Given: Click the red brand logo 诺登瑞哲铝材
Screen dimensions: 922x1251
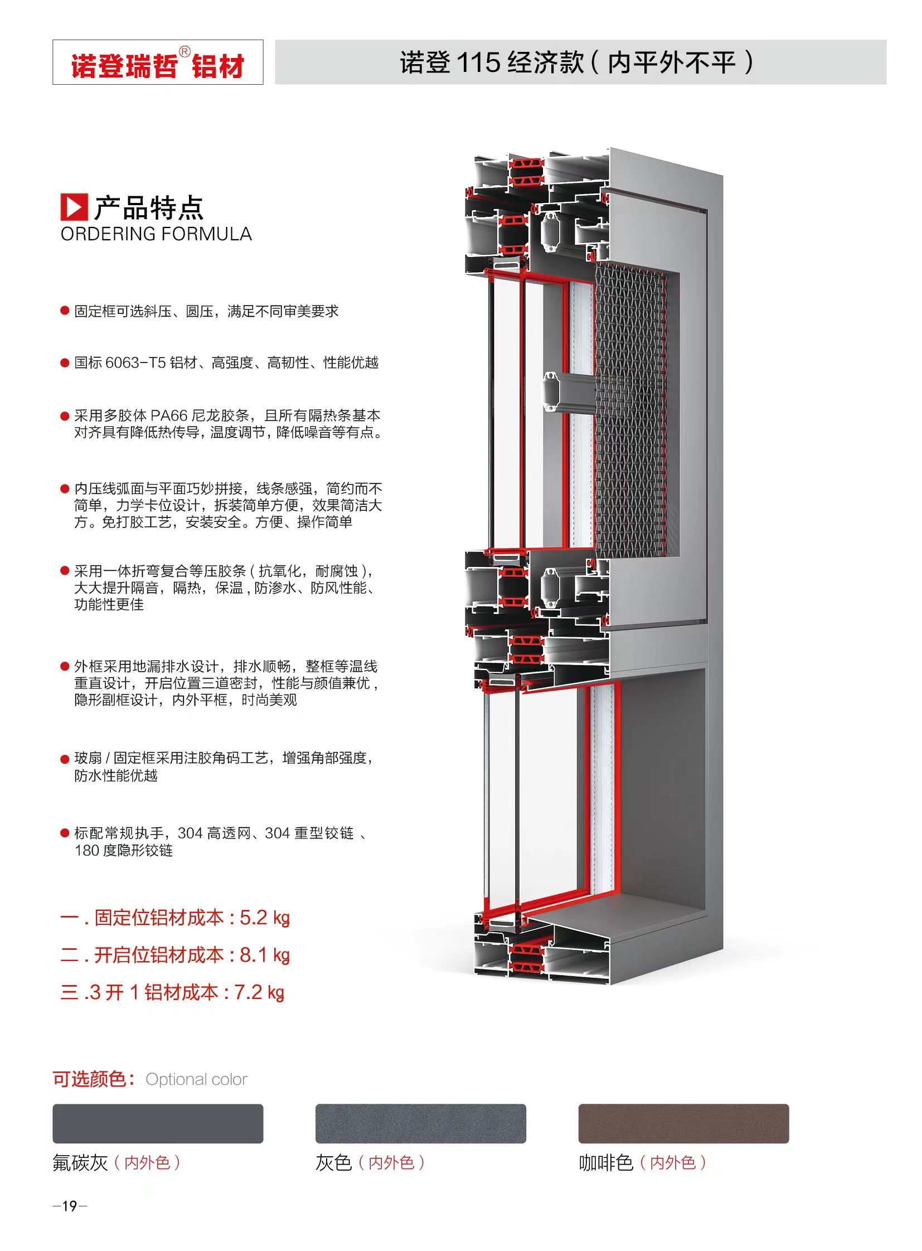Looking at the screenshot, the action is [158, 65].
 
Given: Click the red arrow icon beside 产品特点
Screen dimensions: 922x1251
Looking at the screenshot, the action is [74, 207].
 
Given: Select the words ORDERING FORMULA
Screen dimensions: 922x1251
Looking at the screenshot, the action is [156, 234].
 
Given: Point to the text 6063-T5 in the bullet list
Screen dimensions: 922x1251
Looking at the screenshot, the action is [135, 362].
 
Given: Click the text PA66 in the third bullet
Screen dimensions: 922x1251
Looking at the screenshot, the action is [169, 415].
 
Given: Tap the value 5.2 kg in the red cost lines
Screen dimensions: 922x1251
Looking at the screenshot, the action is [265, 918].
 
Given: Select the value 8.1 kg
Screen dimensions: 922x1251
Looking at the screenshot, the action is [265, 955].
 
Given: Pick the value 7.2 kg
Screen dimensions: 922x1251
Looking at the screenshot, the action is [259, 992].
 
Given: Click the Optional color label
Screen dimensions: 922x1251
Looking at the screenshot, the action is [196, 1079].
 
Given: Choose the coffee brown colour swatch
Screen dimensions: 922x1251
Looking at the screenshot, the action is [683, 1123].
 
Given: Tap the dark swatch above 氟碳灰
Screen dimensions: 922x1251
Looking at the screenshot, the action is [158, 1123].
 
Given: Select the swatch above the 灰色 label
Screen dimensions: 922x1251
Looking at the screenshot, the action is [421, 1123].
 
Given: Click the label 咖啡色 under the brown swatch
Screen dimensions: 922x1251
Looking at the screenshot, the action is [606, 1163].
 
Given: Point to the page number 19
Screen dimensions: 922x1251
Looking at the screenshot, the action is [70, 1206].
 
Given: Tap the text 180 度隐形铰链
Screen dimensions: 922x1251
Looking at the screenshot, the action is [123, 850].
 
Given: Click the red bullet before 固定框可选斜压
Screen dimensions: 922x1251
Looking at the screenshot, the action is [65, 311].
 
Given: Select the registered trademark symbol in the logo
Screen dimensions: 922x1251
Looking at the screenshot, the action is [185, 52].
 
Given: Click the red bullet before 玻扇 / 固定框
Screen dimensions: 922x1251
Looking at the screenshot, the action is [65, 759].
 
